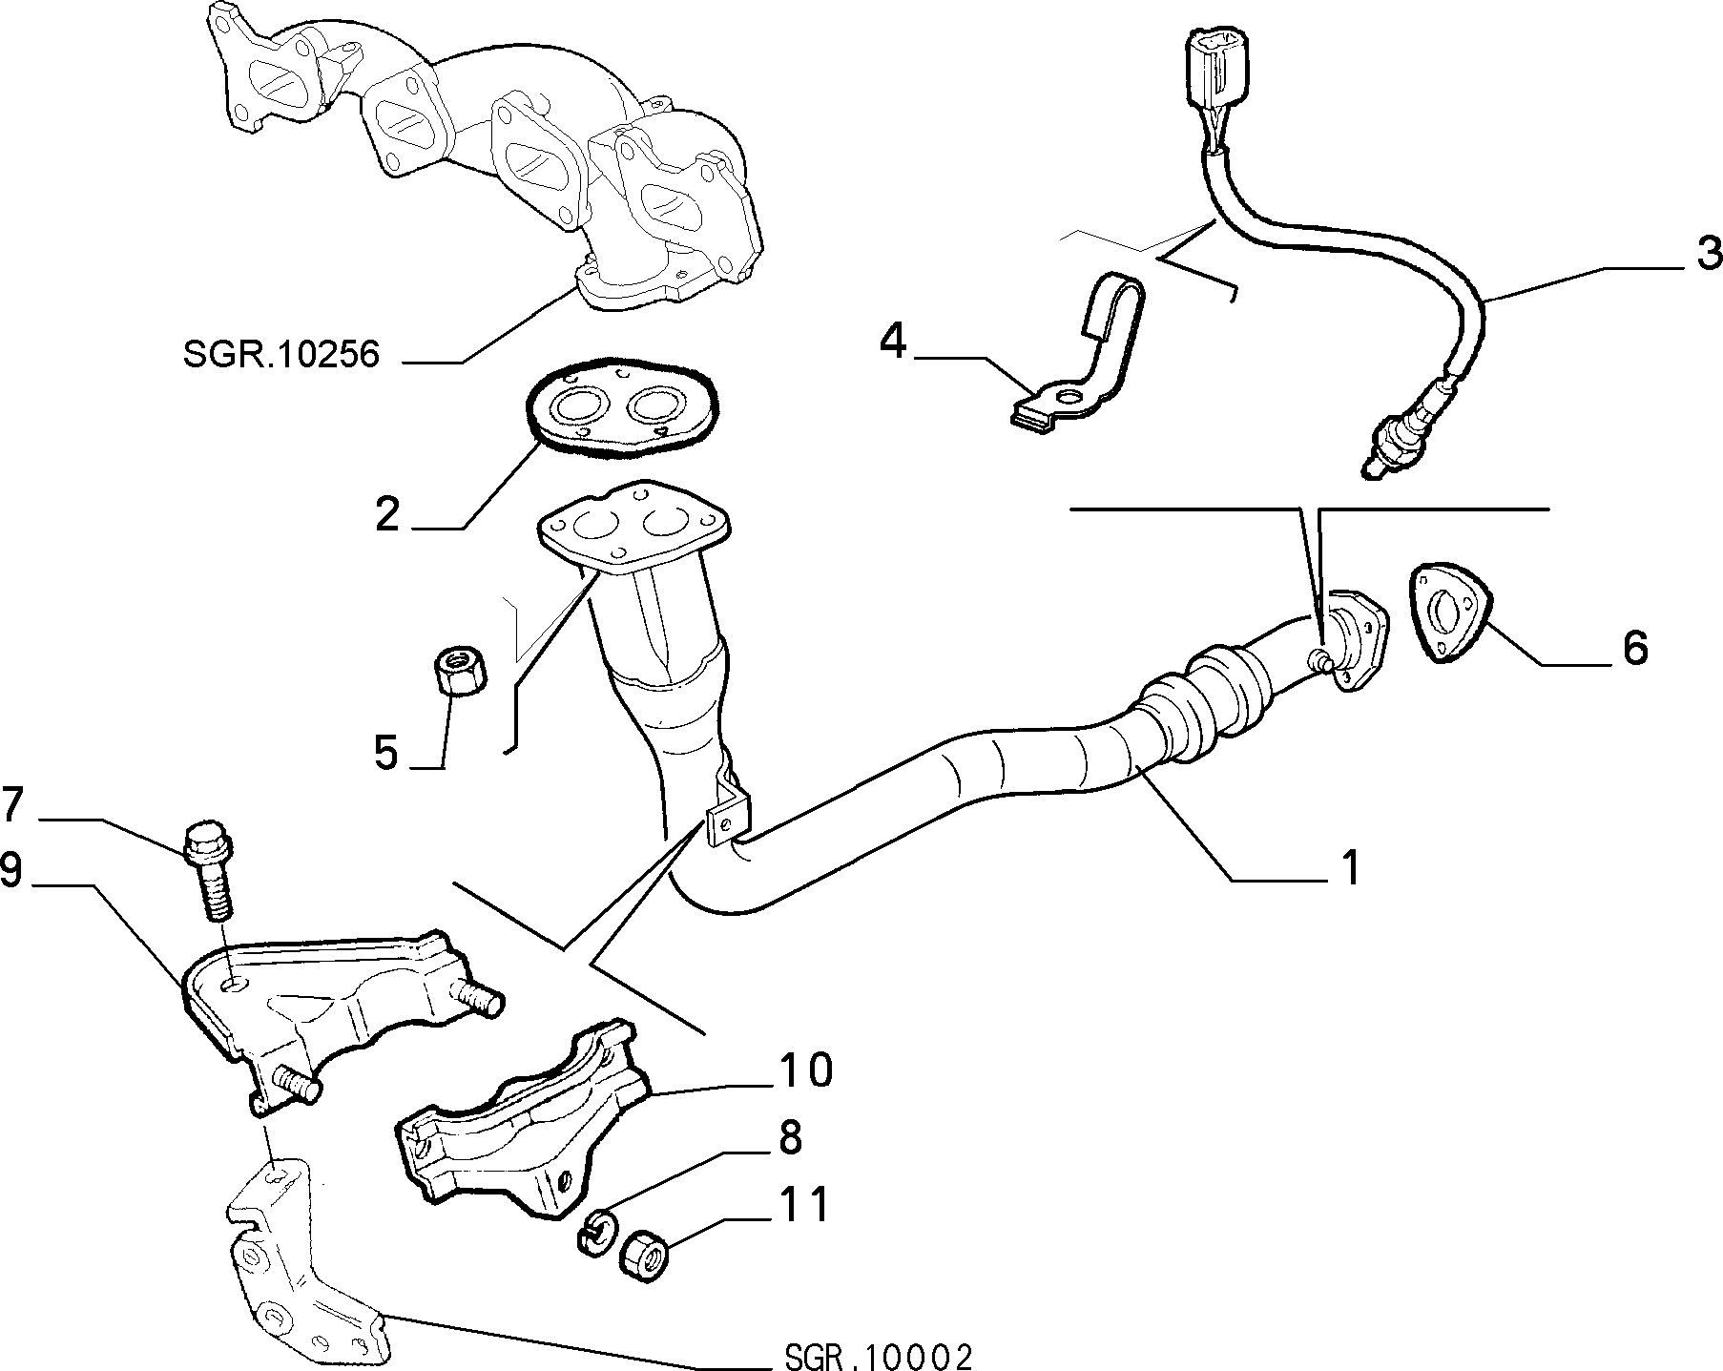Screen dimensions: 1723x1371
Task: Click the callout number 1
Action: point(1350,869)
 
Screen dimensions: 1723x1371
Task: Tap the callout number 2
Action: point(387,515)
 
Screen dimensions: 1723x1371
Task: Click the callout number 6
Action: point(1635,649)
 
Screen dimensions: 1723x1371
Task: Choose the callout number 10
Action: point(805,1070)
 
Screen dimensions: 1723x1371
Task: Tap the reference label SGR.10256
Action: point(281,355)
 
